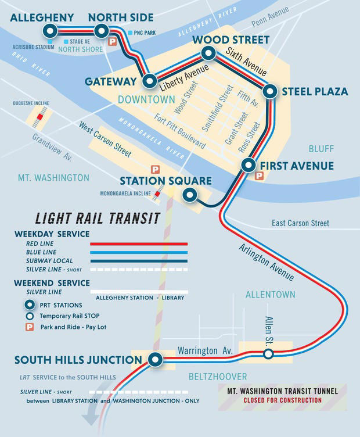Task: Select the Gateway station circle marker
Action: pyautogui.click(x=150, y=81)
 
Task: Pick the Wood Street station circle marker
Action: pyautogui.click(x=208, y=54)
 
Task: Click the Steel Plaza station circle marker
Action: pyautogui.click(x=269, y=91)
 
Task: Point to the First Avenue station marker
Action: pyautogui.click(x=248, y=166)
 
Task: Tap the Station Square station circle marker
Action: pyautogui.click(x=189, y=195)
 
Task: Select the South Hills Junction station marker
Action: pyautogui.click(x=154, y=360)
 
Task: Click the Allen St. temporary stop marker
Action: pyautogui.click(x=268, y=353)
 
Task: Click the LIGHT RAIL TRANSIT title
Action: pyautogui.click(x=98, y=218)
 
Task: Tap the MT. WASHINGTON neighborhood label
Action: pyautogui.click(x=53, y=178)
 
